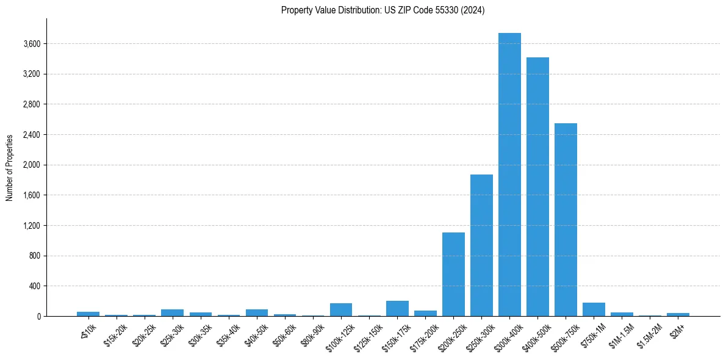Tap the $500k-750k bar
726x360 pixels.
point(566,220)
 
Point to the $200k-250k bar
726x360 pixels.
point(453,274)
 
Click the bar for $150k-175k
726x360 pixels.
point(397,308)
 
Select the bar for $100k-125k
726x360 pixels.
point(341,309)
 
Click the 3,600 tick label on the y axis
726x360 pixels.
point(32,44)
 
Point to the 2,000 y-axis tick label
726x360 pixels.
point(32,165)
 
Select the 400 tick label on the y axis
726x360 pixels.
point(34,286)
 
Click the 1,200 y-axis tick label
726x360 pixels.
point(32,226)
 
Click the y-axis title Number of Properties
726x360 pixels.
point(10,167)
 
